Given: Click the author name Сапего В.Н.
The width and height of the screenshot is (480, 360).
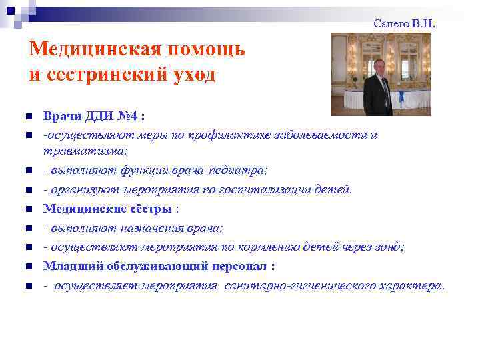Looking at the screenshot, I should pos(404,23).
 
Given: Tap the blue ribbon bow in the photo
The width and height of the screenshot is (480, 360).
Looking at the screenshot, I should pos(401,97).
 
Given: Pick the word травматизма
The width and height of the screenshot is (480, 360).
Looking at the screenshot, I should pos(85,151).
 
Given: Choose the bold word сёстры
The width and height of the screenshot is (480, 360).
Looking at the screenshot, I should pos(150,209).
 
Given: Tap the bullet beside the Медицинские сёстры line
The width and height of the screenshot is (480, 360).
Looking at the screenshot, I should pos(29,209).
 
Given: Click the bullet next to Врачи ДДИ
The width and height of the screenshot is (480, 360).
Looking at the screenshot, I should pos(29,116).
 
